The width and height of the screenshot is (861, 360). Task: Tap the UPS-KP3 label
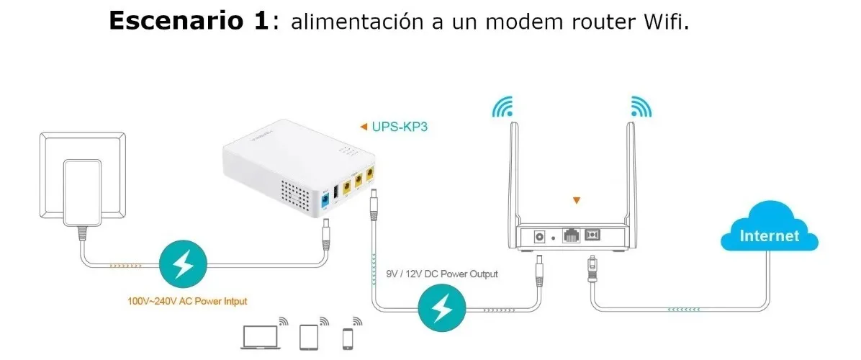[x=400, y=127]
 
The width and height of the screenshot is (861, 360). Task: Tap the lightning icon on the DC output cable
[x=442, y=310]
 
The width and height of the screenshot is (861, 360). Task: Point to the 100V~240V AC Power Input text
[x=187, y=301]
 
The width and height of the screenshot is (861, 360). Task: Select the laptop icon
[x=261, y=337]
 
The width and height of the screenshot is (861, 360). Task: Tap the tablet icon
[x=309, y=337]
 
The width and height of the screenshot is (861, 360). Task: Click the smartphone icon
[x=347, y=338]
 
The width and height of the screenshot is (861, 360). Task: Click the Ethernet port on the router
[x=571, y=235]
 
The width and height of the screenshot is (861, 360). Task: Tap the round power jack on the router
[x=539, y=237]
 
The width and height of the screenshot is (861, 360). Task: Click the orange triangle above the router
[x=576, y=201]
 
